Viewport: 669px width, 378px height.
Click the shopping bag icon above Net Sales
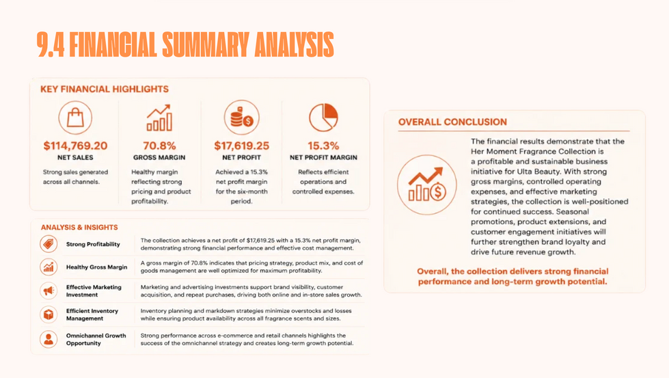(x=75, y=118)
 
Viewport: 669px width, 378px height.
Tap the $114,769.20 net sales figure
(x=76, y=146)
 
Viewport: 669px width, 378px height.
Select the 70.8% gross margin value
(x=159, y=146)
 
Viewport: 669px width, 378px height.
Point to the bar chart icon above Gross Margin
(x=159, y=118)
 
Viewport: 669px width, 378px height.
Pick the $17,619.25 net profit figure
(x=241, y=146)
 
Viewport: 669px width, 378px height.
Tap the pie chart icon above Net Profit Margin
(x=323, y=118)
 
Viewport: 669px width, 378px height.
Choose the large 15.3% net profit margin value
(x=323, y=146)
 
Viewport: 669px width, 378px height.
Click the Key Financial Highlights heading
(x=105, y=89)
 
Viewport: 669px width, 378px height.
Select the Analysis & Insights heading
(x=79, y=228)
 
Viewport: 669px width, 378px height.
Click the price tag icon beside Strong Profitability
(x=49, y=244)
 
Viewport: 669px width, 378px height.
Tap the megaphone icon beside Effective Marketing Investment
(x=49, y=291)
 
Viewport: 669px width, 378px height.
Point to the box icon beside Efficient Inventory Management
(x=49, y=314)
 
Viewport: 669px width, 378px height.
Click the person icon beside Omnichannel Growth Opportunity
(x=49, y=339)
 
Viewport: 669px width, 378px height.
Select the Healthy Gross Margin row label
(x=96, y=267)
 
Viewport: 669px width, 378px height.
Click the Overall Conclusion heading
(x=452, y=122)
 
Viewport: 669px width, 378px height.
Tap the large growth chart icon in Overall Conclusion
(x=426, y=185)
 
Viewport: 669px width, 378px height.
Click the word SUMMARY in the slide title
(x=205, y=44)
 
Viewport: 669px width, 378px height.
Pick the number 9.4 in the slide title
(x=51, y=44)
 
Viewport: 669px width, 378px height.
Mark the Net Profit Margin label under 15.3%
(x=323, y=157)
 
